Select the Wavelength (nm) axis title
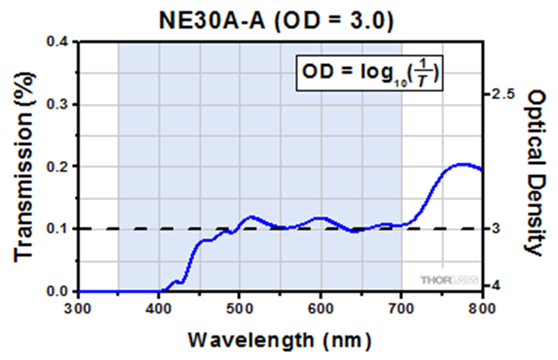[x=279, y=339]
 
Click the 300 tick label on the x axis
[x=78, y=309]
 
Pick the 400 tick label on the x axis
[x=159, y=309]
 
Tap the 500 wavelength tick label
[x=240, y=309]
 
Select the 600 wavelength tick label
[x=321, y=309]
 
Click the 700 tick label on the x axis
[x=401, y=309]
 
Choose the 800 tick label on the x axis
[x=480, y=309]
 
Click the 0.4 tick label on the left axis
[x=58, y=42]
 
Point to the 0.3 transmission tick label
[x=58, y=104]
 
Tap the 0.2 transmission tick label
[x=58, y=166]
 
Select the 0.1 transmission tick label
[x=58, y=229]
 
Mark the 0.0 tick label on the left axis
[x=58, y=291]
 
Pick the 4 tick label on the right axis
[x=496, y=285]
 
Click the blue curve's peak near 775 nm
[x=462, y=164]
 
